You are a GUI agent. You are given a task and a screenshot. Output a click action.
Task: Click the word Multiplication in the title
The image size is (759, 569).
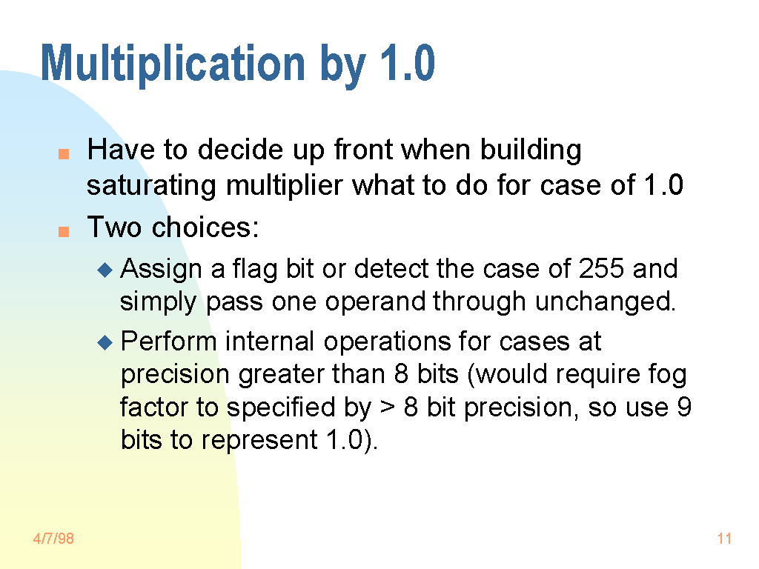click(173, 63)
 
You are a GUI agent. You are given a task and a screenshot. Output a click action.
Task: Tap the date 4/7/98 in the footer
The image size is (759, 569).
click(53, 539)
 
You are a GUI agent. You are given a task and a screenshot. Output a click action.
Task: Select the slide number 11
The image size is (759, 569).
click(724, 539)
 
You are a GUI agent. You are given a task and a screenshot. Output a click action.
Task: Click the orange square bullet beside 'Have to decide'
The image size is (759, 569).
click(64, 154)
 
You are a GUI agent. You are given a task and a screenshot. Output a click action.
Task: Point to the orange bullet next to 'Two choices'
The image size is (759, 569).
click(64, 231)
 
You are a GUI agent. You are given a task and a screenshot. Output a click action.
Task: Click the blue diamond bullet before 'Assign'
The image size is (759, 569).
click(105, 270)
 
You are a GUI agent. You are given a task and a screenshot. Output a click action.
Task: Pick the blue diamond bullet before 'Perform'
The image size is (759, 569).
click(105, 343)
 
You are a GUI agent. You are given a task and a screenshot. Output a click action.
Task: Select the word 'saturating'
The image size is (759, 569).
click(151, 186)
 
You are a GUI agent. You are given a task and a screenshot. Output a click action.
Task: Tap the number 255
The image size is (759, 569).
click(601, 268)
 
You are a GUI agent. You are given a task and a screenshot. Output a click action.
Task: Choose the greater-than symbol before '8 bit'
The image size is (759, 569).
click(387, 407)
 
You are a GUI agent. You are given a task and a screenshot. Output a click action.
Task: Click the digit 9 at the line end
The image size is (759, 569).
click(684, 407)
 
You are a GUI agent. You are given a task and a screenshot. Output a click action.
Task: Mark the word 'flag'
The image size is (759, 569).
click(255, 269)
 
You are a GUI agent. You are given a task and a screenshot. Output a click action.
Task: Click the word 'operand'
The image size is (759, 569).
click(375, 302)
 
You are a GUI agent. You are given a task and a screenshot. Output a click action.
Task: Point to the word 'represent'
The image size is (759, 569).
click(259, 441)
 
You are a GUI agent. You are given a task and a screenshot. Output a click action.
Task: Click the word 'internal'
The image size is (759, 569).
click(270, 341)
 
